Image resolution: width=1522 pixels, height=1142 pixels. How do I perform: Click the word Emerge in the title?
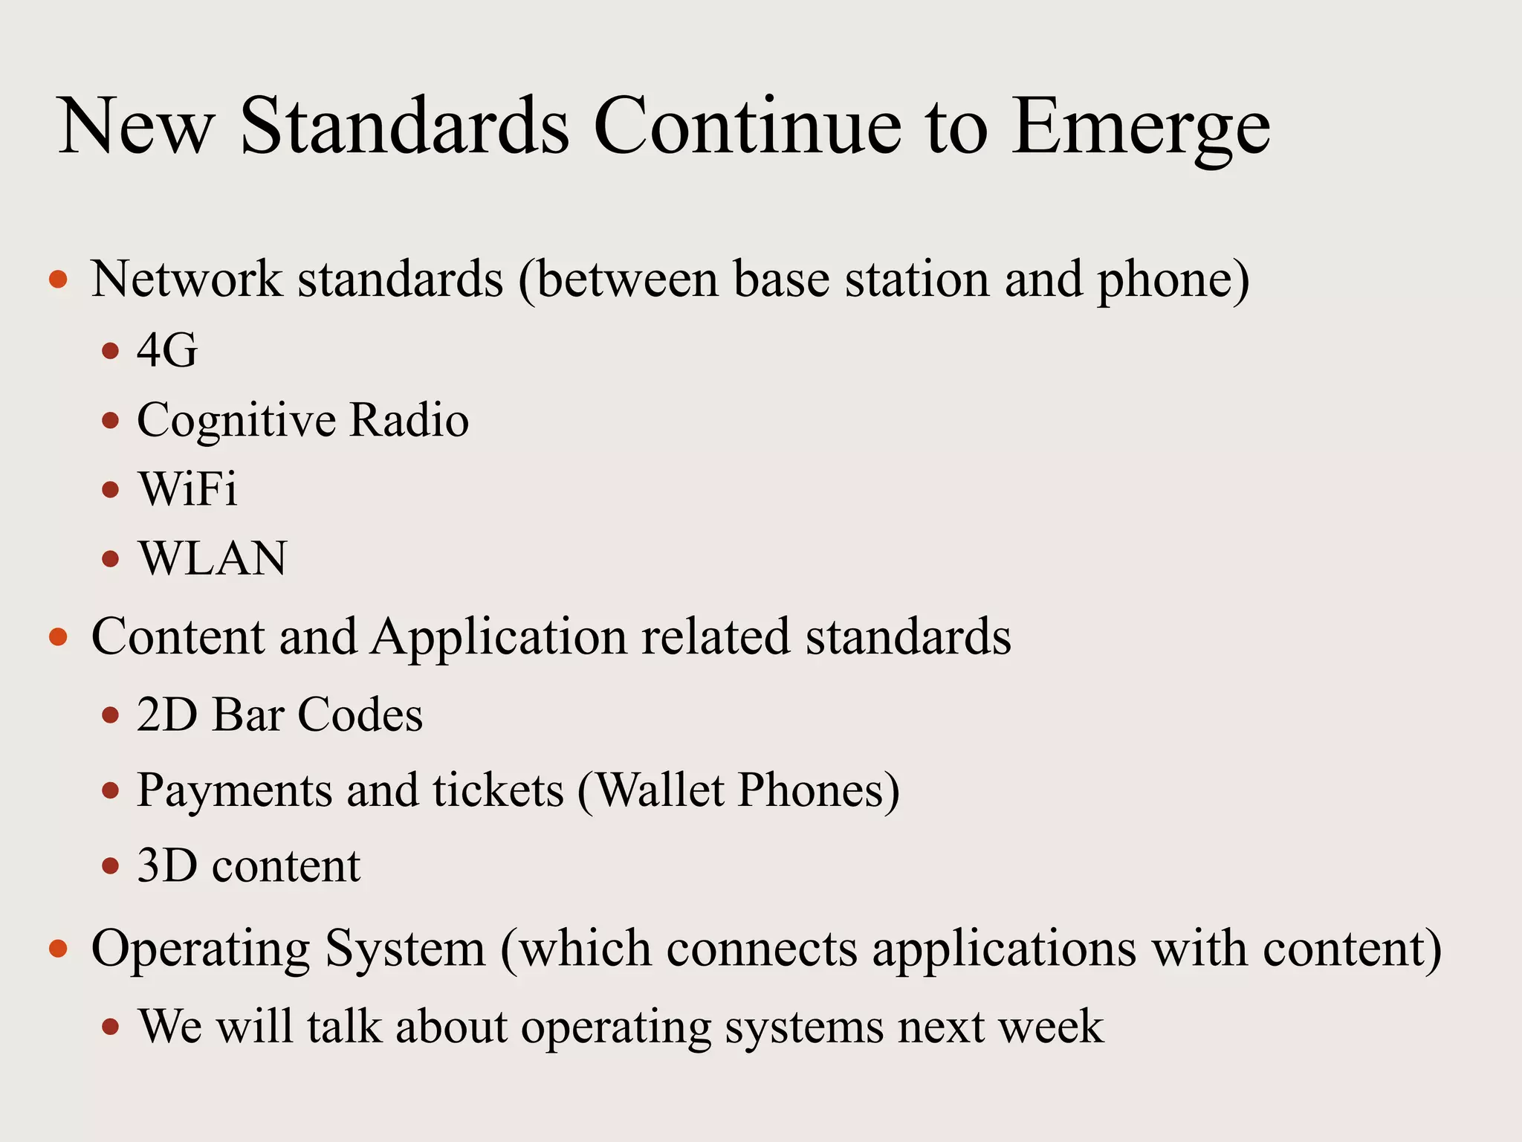[1141, 128]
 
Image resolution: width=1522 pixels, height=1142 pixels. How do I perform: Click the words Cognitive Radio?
[302, 420]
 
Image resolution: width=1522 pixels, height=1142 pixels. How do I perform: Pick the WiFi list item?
[188, 489]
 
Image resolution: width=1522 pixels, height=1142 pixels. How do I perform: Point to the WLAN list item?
[213, 558]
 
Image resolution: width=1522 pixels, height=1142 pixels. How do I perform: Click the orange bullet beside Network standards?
[58, 280]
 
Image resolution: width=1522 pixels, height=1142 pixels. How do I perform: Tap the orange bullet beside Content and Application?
[58, 637]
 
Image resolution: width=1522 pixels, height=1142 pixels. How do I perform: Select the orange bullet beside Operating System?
[58, 949]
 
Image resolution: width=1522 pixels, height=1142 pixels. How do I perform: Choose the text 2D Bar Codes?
[279, 714]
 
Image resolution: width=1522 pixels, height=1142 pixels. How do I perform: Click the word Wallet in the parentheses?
[660, 790]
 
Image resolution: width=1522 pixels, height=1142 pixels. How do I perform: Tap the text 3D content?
[248, 866]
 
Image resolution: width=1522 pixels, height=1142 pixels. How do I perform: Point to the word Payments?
[234, 791]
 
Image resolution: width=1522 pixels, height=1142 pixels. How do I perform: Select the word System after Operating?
[405, 949]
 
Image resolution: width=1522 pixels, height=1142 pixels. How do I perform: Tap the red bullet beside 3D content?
[111, 866]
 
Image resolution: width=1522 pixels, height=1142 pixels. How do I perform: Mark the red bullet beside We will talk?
[111, 1027]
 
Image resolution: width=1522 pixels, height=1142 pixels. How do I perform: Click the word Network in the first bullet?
[186, 280]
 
